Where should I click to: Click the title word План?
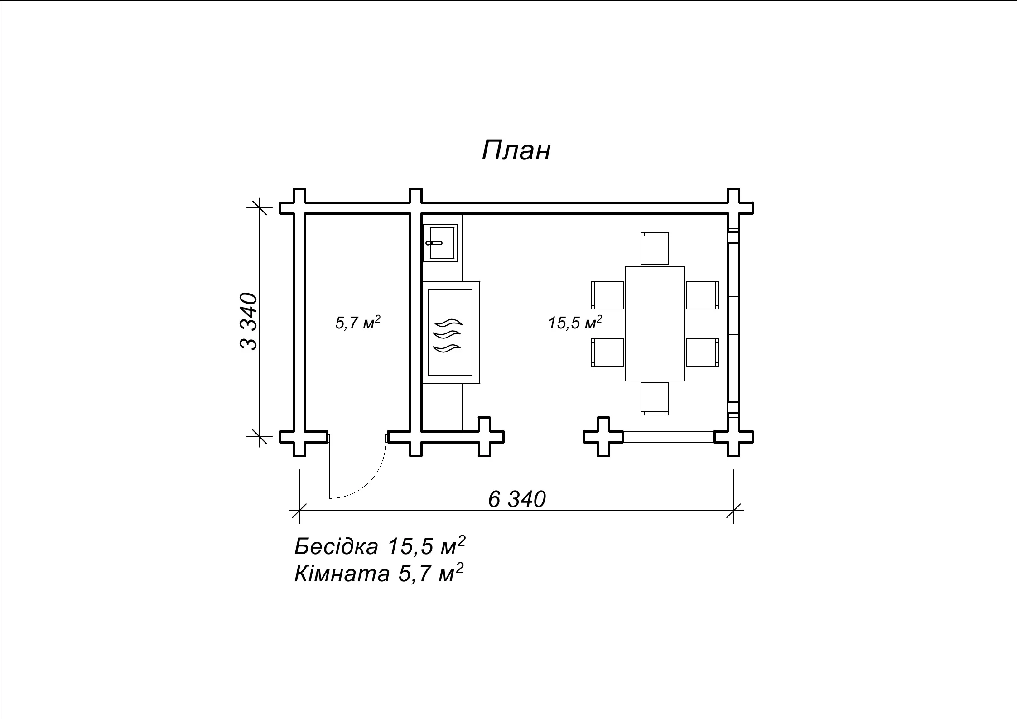(x=516, y=150)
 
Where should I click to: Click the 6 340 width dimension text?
(x=517, y=499)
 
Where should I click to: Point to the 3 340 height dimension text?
(x=248, y=321)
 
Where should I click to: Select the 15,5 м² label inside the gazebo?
(x=575, y=323)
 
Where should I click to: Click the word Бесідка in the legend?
(x=336, y=546)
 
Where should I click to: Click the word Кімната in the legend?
(x=342, y=574)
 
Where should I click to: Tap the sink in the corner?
(x=440, y=243)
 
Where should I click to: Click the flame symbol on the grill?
(x=448, y=335)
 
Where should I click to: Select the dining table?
(x=655, y=324)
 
